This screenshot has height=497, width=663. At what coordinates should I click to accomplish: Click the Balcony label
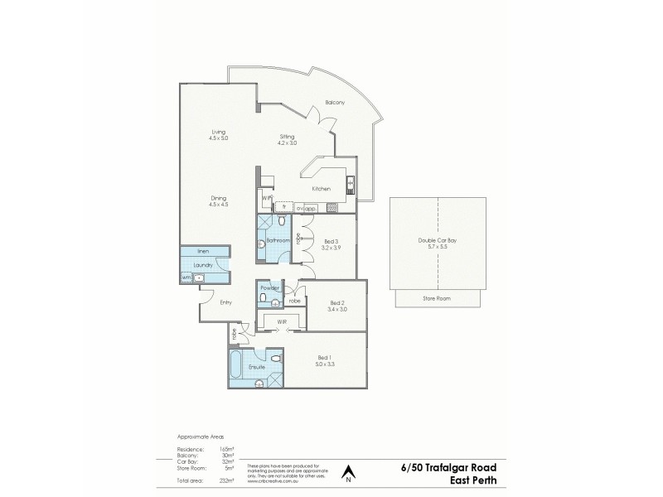click(335, 102)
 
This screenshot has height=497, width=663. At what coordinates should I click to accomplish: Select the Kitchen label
click(322, 189)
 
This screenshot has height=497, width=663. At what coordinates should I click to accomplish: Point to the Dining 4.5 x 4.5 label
click(219, 200)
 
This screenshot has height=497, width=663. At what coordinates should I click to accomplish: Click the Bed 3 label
click(331, 243)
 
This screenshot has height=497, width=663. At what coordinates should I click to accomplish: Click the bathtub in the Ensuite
click(236, 365)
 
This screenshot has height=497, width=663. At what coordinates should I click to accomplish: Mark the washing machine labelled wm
click(186, 277)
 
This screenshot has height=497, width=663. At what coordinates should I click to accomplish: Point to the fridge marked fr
click(284, 207)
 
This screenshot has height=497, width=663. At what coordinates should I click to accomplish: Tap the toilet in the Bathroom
click(282, 222)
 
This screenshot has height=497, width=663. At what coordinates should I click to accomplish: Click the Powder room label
click(269, 287)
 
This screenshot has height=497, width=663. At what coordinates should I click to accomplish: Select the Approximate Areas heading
click(201, 436)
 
